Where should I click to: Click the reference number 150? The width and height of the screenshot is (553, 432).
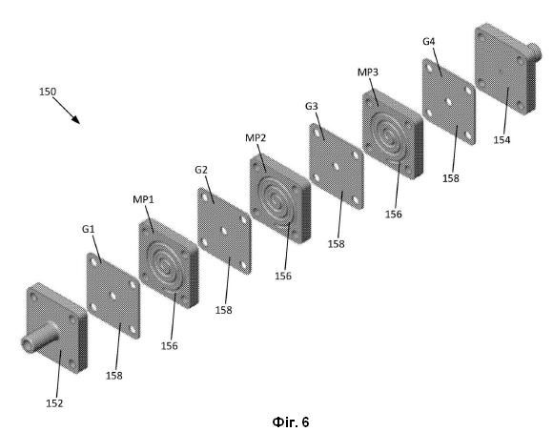pyautogui.click(x=48, y=92)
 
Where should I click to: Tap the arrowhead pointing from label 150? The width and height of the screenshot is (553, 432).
pyautogui.click(x=76, y=119)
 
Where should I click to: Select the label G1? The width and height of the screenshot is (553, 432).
pyautogui.click(x=88, y=229)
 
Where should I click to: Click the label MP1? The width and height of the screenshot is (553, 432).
pyautogui.click(x=143, y=199)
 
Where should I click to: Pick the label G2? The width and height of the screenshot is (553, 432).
pyautogui.click(x=201, y=170)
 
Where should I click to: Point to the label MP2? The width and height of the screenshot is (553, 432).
pyautogui.click(x=256, y=138)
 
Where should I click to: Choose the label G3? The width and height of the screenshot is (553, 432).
pyautogui.click(x=312, y=106)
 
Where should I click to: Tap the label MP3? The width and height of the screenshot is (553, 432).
pyautogui.click(x=368, y=72)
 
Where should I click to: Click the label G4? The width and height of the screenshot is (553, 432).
pyautogui.click(x=429, y=42)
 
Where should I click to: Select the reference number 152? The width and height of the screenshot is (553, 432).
pyautogui.click(x=54, y=403)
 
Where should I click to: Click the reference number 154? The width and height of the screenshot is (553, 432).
pyautogui.click(x=502, y=140)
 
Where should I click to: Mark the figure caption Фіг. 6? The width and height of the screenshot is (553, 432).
pyautogui.click(x=291, y=422)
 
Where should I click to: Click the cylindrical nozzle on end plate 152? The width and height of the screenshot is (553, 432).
pyautogui.click(x=39, y=338)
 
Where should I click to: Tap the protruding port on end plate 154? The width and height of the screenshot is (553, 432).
pyautogui.click(x=533, y=51)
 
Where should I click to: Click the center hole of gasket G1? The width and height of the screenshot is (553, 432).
pyautogui.click(x=113, y=296)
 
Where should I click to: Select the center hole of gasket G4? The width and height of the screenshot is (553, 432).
pyautogui.click(x=449, y=102)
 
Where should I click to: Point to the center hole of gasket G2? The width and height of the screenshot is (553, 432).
pyautogui.click(x=224, y=231)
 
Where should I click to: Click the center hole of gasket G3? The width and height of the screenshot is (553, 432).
pyautogui.click(x=336, y=167)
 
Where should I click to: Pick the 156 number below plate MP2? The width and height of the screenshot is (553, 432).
pyautogui.click(x=283, y=276)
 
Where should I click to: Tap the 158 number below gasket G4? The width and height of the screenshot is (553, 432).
pyautogui.click(x=451, y=178)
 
